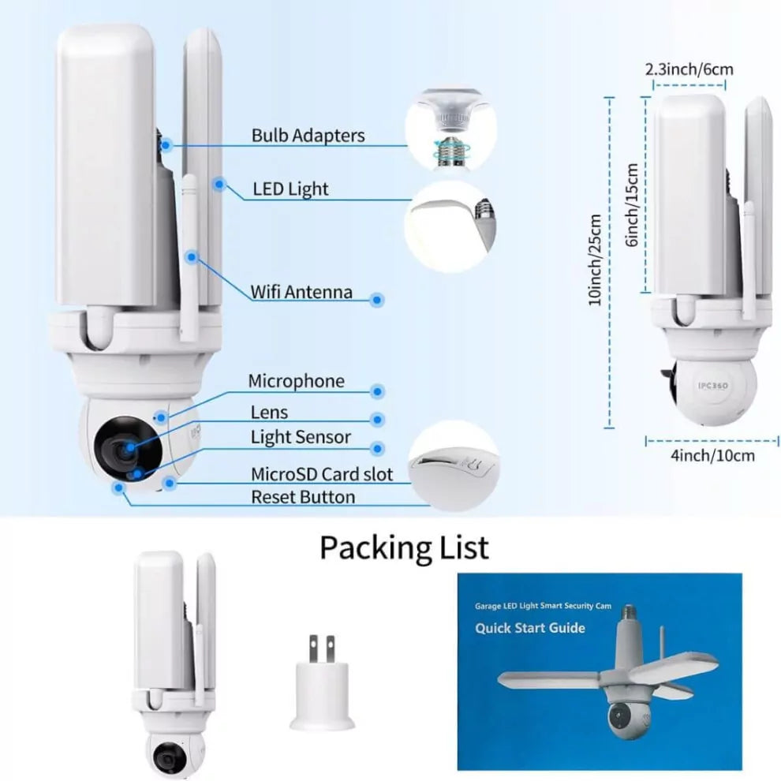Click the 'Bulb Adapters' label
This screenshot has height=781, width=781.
pos(308,136)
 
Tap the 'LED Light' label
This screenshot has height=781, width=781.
pos(290,189)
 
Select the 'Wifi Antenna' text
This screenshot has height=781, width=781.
pos(301,292)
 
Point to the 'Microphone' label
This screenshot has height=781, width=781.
pos(296,382)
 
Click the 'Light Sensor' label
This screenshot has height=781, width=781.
pos(301,437)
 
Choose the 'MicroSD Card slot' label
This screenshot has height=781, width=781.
pos(321,474)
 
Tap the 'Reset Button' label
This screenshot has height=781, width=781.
pos(302,497)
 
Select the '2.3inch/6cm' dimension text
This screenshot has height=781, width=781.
pos(689,69)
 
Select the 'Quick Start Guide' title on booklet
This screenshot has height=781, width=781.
pos(529,628)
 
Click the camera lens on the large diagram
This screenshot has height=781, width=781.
pos(122,448)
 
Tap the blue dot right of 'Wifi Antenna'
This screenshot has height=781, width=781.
pos(377,300)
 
